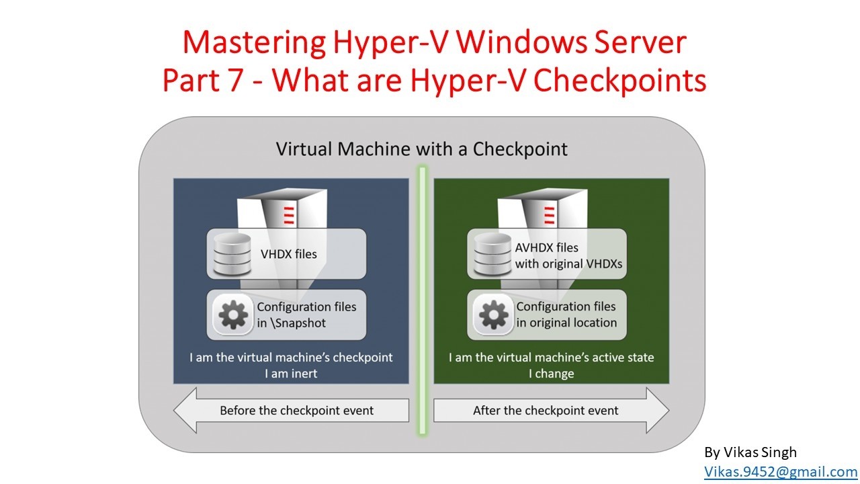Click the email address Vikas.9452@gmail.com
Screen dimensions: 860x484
(x=781, y=471)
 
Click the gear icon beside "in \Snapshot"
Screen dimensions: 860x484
(x=233, y=315)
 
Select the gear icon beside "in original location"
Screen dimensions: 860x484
(x=493, y=315)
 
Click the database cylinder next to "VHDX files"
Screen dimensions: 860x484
(x=232, y=254)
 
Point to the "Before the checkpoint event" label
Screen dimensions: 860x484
(x=296, y=410)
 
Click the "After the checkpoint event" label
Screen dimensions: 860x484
(x=546, y=410)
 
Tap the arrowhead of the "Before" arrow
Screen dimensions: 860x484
(x=185, y=410)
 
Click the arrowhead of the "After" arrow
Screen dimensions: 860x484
(x=658, y=410)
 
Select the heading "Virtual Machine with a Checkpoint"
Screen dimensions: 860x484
(x=421, y=149)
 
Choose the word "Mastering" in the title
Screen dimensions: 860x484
(x=254, y=43)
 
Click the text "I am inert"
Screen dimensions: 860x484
(x=291, y=373)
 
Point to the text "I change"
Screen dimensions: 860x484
(x=552, y=373)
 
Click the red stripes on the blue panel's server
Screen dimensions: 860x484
(x=289, y=215)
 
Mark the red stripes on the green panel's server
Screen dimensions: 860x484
(x=550, y=215)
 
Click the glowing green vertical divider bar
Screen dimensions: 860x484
(x=423, y=300)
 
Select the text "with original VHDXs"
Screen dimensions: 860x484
(x=568, y=264)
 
